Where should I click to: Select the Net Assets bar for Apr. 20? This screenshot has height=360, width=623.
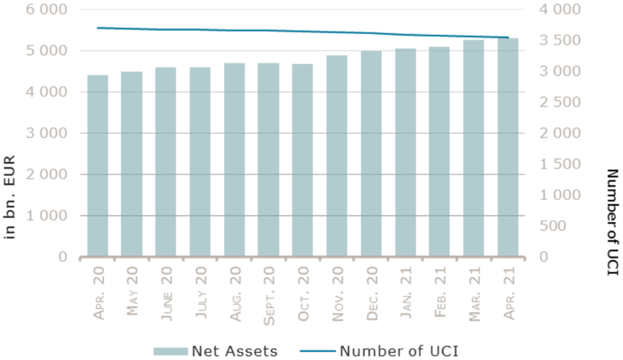coord(97,166)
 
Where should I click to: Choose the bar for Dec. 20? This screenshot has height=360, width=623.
coord(371,154)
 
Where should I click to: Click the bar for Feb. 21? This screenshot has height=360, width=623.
coord(439,152)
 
